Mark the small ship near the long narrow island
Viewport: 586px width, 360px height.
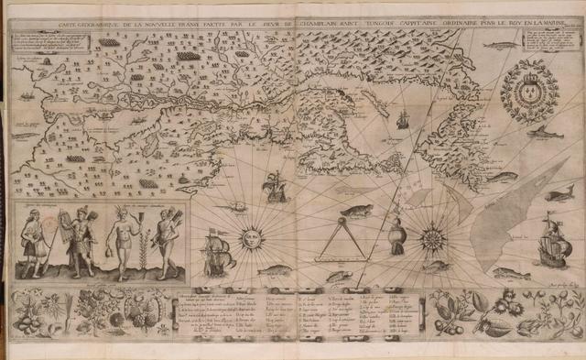pyautogui.click(x=401, y=117)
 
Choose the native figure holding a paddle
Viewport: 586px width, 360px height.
pyautogui.click(x=34, y=240)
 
